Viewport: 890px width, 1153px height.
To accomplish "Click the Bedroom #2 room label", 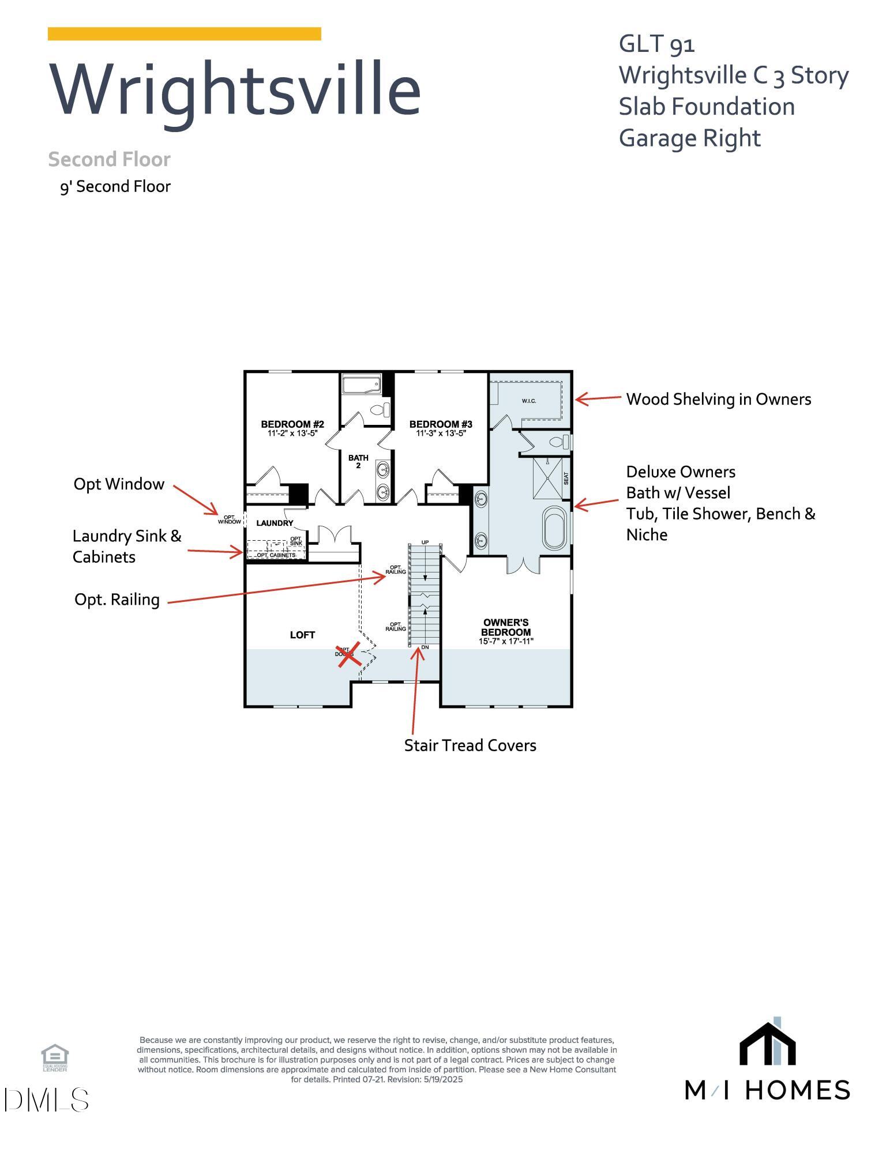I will (x=292, y=424).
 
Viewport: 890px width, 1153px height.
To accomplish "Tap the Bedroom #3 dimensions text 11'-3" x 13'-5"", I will (x=441, y=433).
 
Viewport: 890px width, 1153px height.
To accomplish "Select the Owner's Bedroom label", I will (x=506, y=627).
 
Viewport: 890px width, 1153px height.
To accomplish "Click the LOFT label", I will (x=302, y=635).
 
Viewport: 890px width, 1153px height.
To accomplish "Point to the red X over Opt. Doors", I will (x=350, y=654).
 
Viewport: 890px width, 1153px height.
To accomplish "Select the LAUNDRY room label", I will (x=275, y=523).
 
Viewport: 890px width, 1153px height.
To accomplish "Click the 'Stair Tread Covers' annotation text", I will (x=470, y=745).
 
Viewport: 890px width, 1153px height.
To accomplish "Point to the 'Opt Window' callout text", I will (x=119, y=484).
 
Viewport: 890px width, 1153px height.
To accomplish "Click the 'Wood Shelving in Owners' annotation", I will (x=718, y=399).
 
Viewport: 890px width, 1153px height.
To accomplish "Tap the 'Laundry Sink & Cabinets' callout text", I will (x=126, y=546).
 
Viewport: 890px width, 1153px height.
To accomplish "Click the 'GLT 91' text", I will (x=656, y=44).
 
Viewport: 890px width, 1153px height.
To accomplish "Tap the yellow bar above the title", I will (x=184, y=33).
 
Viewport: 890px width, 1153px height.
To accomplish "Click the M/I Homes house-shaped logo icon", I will (x=767, y=1043).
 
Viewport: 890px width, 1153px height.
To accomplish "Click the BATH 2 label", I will (x=358, y=461).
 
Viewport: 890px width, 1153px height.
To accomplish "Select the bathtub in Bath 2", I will (x=361, y=384).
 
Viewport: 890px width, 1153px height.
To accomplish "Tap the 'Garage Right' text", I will (x=689, y=138).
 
